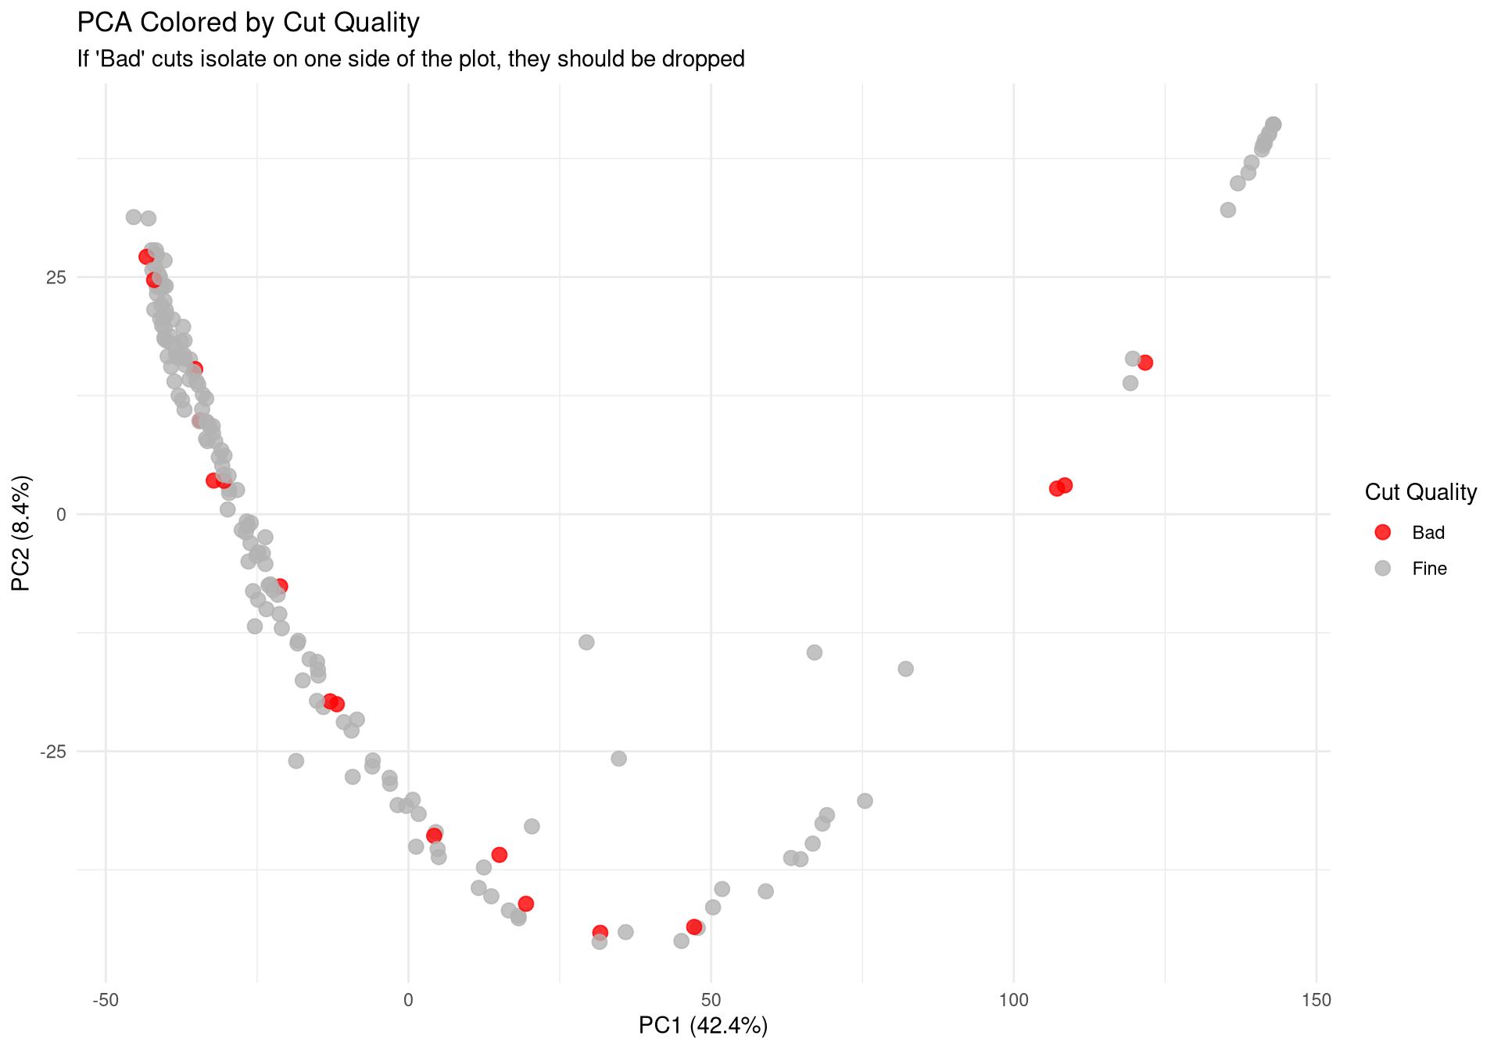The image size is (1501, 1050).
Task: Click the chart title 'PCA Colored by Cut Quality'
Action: pos(248,23)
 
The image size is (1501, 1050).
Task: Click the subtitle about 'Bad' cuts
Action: pos(410,59)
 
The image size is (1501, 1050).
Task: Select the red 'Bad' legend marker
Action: pos(1382,532)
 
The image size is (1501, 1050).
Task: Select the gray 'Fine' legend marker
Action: pos(1382,568)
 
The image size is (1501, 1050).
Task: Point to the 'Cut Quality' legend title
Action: pos(1420,492)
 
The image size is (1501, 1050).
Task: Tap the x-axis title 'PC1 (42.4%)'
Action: pos(703,1025)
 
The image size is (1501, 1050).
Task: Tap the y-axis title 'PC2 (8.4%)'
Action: pos(21,533)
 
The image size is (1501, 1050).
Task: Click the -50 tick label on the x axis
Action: pos(105,1001)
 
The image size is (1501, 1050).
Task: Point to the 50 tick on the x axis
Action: pos(711,1001)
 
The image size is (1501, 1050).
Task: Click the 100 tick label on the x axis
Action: pos(1013,1001)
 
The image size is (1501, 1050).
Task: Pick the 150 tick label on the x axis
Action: pos(1317,1001)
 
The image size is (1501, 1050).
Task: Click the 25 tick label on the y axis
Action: pos(56,277)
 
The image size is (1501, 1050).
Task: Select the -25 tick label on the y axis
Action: pos(52,752)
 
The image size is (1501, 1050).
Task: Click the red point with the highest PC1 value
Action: pos(1145,362)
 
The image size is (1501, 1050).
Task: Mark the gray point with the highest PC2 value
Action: pos(1274,124)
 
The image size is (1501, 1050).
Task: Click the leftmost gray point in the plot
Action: pos(134,217)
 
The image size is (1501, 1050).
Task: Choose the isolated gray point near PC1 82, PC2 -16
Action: pos(905,669)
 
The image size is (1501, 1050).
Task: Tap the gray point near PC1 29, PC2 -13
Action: pos(586,642)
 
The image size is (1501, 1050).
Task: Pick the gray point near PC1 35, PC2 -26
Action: pos(618,759)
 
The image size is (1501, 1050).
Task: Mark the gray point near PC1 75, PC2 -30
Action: pos(865,801)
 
